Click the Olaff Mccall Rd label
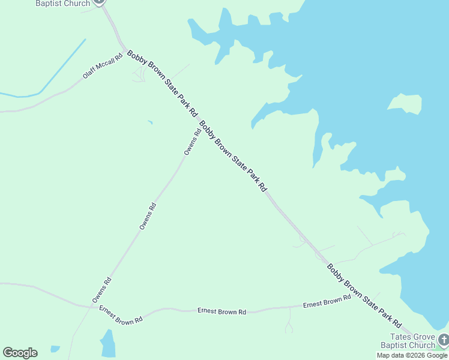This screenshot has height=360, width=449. [x=103, y=68]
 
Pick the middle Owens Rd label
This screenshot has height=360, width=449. [x=148, y=216]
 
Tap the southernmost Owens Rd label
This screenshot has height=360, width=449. [x=101, y=289]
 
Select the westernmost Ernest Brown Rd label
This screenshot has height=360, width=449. [x=121, y=315]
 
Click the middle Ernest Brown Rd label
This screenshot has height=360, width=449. [x=221, y=311]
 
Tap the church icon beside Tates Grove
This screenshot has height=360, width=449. [x=443, y=340]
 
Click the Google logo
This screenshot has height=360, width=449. [x=20, y=353]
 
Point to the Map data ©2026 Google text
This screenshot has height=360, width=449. [x=412, y=355]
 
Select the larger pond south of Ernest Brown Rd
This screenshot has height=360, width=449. [x=108, y=345]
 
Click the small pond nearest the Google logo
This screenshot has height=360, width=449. [x=55, y=349]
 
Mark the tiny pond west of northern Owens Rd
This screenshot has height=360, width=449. [x=150, y=123]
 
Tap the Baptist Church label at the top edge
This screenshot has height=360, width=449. [x=63, y=4]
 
